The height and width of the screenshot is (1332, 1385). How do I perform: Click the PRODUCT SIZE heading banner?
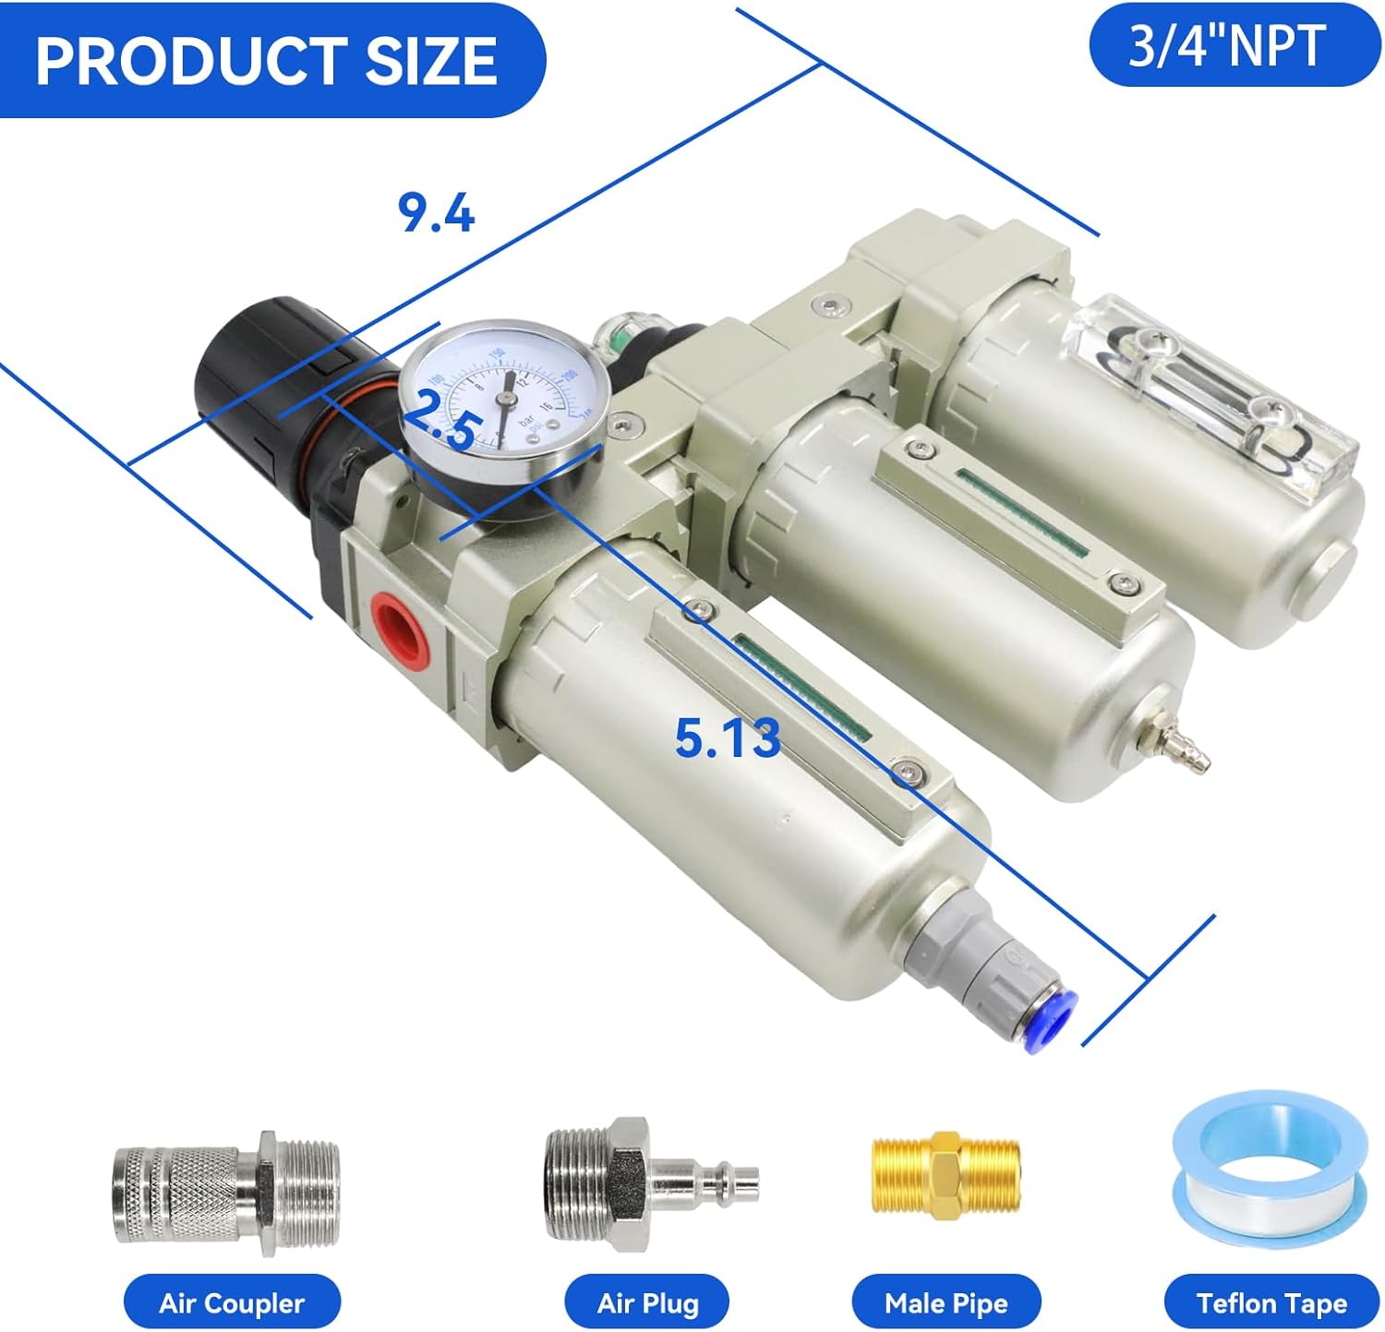pos(268,60)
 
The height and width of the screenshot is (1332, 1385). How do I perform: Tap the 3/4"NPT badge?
pos(1234,45)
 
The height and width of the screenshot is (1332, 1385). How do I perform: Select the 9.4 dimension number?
pos(436,214)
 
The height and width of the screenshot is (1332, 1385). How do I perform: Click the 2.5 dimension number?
pos(441,423)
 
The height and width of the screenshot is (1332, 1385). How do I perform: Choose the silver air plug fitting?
pos(650,1181)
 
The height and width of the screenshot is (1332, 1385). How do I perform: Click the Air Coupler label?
pos(231,1302)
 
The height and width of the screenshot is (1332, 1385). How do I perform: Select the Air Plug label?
pos(647,1302)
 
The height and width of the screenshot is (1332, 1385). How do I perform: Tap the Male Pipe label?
pos(945,1302)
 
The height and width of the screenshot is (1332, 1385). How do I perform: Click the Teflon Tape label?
pos(1271,1302)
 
